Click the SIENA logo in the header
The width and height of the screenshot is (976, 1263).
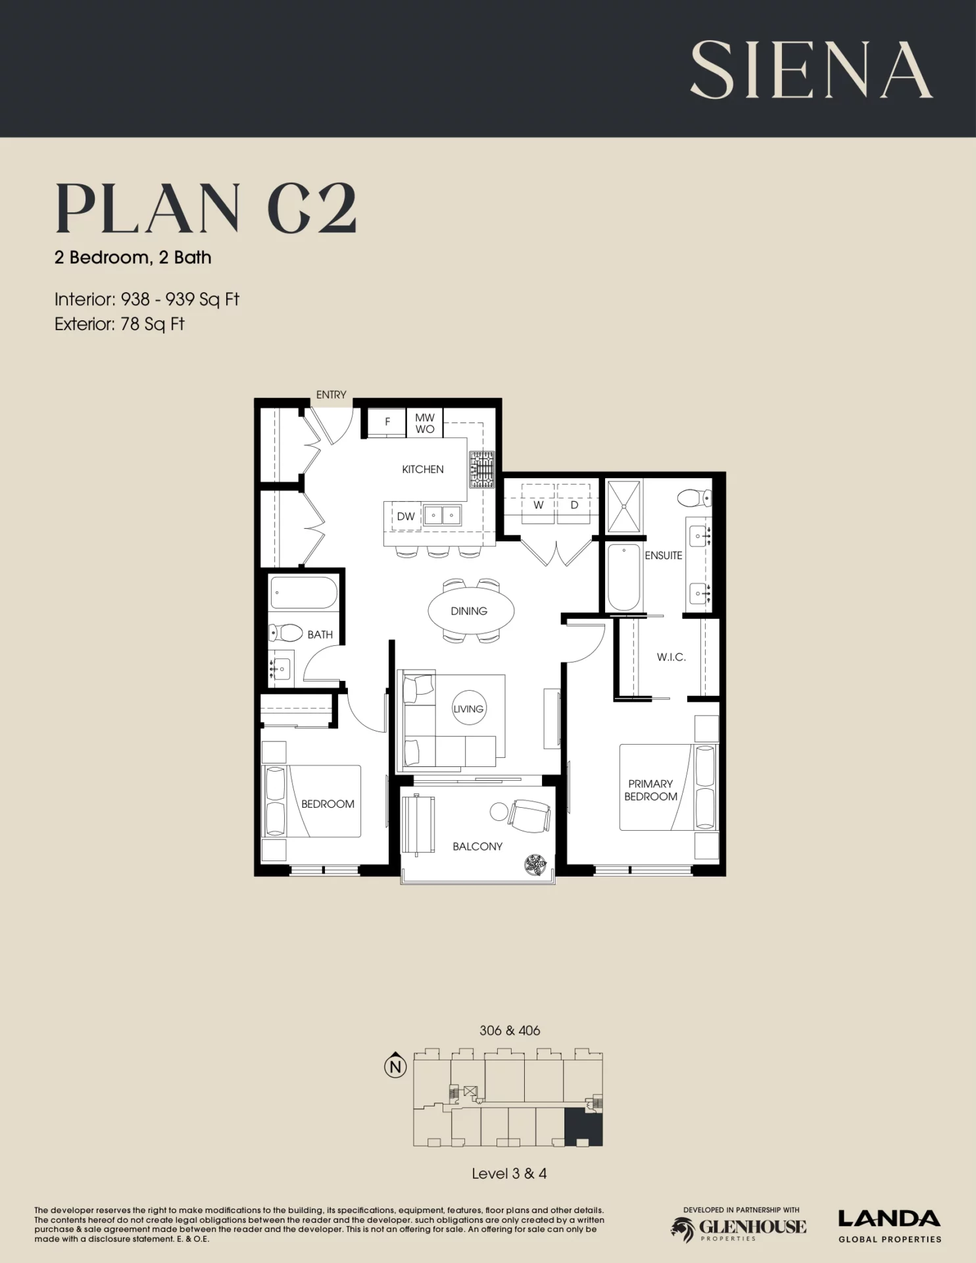(811, 70)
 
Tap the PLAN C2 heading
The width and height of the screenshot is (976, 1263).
(206, 208)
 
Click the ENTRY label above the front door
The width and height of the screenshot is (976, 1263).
(331, 395)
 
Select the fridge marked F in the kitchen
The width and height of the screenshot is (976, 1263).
(387, 422)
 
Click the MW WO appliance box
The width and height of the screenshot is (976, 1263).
(425, 423)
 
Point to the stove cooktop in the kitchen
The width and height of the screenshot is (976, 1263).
(481, 470)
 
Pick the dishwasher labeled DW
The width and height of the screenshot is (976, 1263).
(406, 516)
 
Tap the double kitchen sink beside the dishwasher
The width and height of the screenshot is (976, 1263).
(442, 515)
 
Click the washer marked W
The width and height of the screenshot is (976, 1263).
(538, 504)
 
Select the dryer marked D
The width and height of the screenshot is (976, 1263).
(574, 504)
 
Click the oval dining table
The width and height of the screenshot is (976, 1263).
(471, 611)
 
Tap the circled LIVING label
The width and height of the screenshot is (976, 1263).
(468, 708)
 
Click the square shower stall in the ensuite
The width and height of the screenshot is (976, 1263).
(623, 506)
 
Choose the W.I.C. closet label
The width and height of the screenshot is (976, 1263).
(671, 656)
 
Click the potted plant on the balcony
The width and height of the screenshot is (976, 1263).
(536, 864)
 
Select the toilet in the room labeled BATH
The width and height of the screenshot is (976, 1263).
(285, 633)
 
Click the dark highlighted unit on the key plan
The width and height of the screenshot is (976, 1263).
(583, 1127)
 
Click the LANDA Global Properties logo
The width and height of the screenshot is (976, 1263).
(889, 1226)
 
